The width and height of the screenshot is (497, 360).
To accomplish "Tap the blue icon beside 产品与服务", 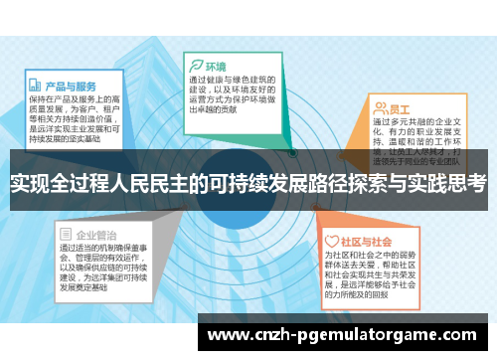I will coord(35,86).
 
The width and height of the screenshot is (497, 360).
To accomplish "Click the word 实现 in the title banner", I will coord(30,183).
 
